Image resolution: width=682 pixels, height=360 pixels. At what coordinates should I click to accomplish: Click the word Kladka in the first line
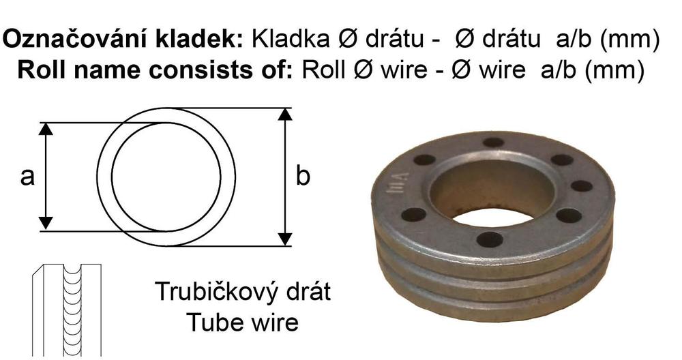pyautogui.click(x=290, y=39)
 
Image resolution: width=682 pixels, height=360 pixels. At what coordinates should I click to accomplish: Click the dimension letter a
pyautogui.click(x=27, y=177)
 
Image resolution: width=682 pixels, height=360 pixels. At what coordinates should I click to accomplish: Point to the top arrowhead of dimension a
pyautogui.click(x=46, y=129)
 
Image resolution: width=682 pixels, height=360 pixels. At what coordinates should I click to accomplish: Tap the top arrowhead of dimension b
pyautogui.click(x=285, y=115)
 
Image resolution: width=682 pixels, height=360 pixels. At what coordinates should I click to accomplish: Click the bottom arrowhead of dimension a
pyautogui.click(x=46, y=224)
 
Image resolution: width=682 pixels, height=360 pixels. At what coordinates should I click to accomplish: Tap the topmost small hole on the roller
pyautogui.click(x=493, y=142)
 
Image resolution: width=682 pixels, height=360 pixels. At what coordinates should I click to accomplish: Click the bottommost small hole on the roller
pyautogui.click(x=490, y=239)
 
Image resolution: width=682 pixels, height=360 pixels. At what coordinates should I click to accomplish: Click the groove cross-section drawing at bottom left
pyautogui.click(x=68, y=310)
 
